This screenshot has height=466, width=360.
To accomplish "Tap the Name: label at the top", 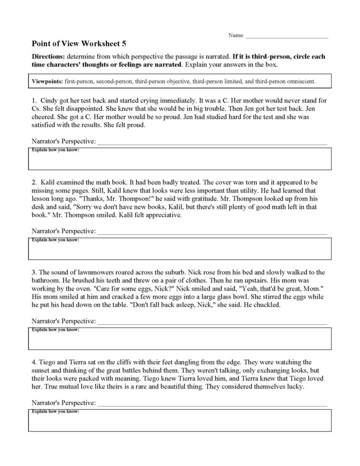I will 236,35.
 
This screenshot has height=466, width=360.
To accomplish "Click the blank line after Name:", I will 286,37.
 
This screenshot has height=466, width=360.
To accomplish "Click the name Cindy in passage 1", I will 50,101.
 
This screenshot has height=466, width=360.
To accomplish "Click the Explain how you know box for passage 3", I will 180,340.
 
